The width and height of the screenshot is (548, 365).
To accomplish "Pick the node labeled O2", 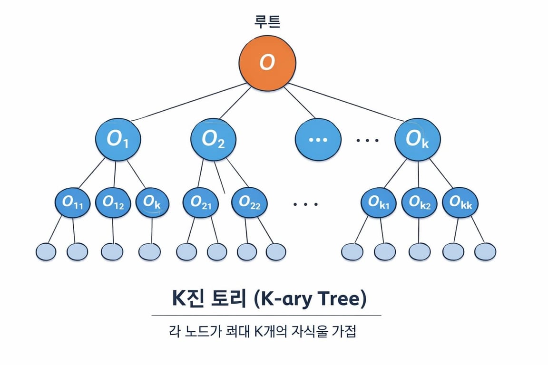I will (x=213, y=139).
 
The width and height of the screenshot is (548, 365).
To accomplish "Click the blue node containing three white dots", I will (x=318, y=139).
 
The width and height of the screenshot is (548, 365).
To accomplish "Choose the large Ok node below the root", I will (x=417, y=139).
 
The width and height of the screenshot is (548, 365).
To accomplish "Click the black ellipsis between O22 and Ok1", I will (x=305, y=204).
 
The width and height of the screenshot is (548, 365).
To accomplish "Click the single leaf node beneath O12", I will (x=112, y=251).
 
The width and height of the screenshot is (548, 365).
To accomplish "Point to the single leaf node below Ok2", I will (x=419, y=251).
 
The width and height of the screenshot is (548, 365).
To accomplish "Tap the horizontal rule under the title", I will (x=266, y=315).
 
